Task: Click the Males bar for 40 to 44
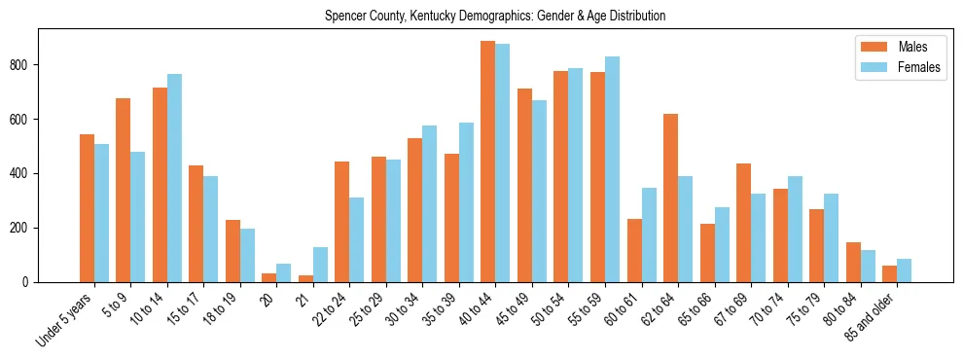click(488, 162)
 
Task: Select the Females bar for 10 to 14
click(174, 178)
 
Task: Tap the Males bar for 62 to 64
click(671, 198)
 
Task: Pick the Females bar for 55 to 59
click(613, 169)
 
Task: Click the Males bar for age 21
click(305, 278)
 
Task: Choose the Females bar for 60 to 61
click(649, 234)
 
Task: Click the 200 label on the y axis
click(26, 228)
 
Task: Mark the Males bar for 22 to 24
click(342, 222)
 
